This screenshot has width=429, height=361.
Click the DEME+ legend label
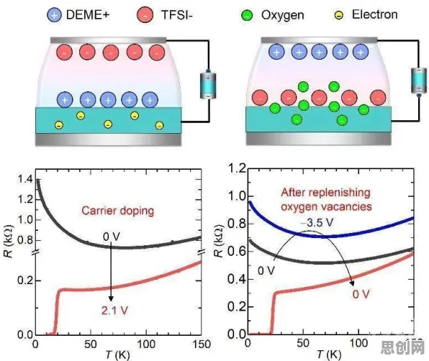(x=88, y=14)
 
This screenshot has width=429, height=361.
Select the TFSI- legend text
(x=177, y=14)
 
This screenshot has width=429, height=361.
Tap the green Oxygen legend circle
(x=248, y=15)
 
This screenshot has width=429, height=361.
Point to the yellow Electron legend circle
(x=339, y=15)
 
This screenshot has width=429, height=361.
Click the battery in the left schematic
(x=208, y=85)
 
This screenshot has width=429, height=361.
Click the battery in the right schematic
(x=419, y=81)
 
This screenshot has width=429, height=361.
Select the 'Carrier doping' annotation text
(x=118, y=211)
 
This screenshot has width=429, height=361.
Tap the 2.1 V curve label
(x=114, y=311)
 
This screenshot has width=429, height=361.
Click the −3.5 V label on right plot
(x=317, y=223)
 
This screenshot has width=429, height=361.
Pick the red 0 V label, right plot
(x=361, y=294)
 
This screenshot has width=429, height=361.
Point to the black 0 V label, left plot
(x=112, y=237)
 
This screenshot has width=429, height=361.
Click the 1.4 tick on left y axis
(x=25, y=179)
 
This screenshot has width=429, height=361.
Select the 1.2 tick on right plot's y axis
(x=237, y=168)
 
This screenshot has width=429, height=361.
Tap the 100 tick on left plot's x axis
(x=146, y=344)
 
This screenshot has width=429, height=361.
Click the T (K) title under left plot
(x=118, y=355)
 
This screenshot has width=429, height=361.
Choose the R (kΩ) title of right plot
(x=220, y=241)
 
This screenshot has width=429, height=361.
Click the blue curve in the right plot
(x=328, y=236)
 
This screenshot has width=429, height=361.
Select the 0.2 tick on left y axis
(x=25, y=280)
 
